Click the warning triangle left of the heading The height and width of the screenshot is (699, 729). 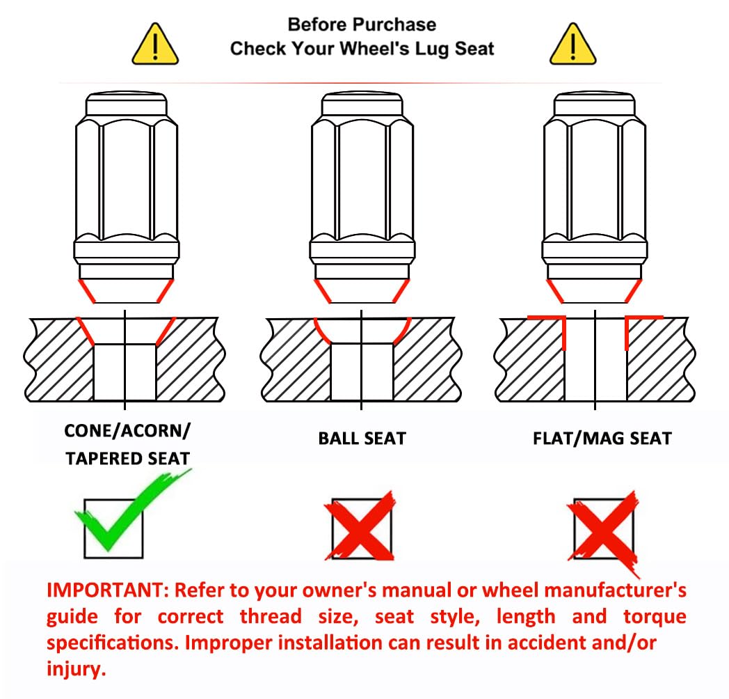[155, 45]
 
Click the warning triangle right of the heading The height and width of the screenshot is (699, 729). [572, 45]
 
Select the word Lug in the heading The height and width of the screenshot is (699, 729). [432, 49]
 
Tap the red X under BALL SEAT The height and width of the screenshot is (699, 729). [361, 526]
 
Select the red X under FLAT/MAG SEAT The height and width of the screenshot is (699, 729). [604, 531]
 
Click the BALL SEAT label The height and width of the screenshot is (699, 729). [362, 439]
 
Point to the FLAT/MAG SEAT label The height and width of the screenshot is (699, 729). [602, 439]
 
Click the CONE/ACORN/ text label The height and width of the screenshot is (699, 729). [127, 431]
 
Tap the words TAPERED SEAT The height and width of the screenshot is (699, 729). [127, 459]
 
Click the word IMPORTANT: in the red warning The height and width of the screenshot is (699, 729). [108, 590]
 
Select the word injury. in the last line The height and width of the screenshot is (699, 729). [77, 669]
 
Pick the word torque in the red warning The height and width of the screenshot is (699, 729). [655, 617]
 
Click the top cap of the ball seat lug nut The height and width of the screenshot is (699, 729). [362, 104]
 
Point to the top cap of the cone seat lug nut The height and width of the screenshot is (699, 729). [126, 104]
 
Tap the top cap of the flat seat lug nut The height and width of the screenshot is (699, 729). [594, 104]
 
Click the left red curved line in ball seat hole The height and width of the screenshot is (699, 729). [319, 332]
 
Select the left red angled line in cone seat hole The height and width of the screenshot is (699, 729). [85, 331]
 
